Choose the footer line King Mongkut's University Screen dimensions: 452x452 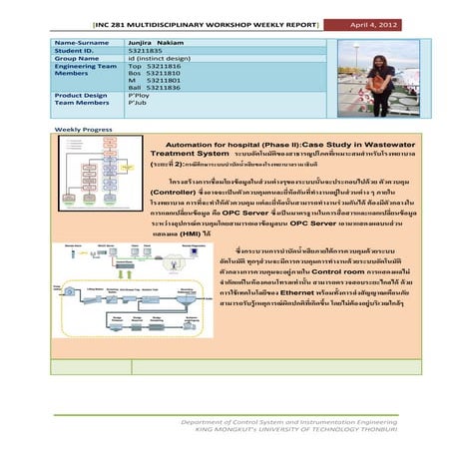coord(262,430)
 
